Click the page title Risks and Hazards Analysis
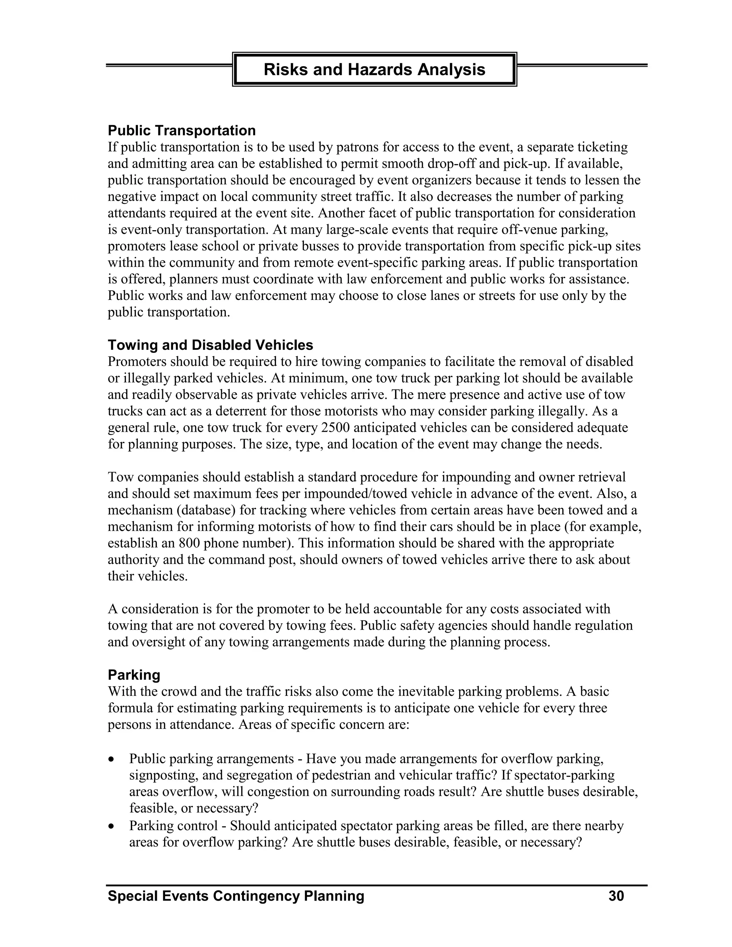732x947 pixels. tap(374, 69)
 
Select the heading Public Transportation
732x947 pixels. tap(181, 130)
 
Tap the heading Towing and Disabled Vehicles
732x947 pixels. tap(210, 345)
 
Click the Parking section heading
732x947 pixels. tap(134, 675)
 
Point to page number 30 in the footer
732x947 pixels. tap(616, 896)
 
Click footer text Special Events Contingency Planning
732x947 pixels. tap(236, 896)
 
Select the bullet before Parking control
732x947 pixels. tap(112, 827)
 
